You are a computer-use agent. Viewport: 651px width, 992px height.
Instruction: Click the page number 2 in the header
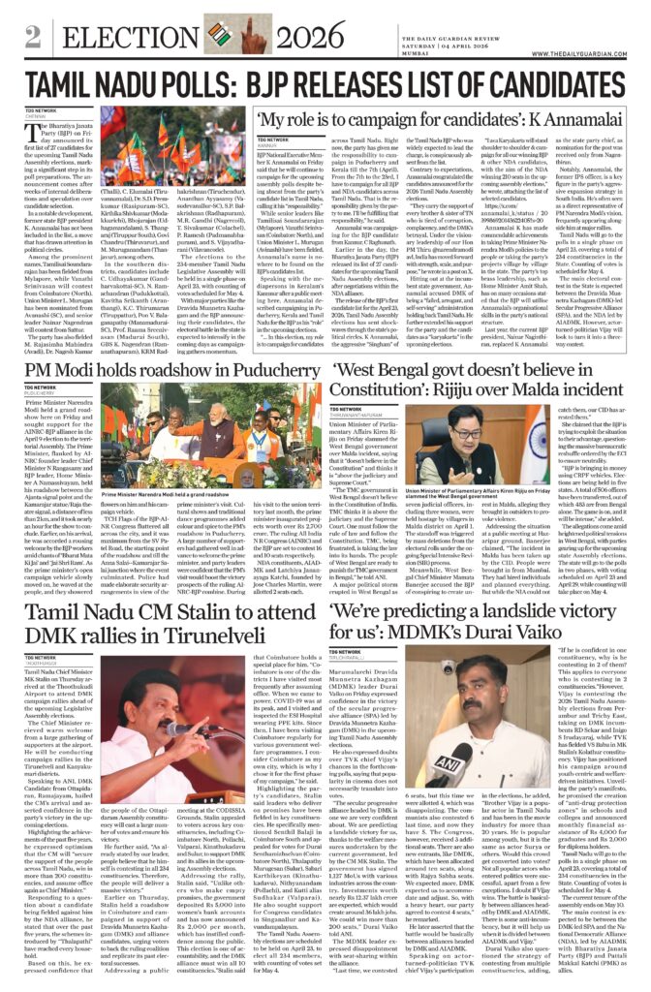[32, 39]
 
